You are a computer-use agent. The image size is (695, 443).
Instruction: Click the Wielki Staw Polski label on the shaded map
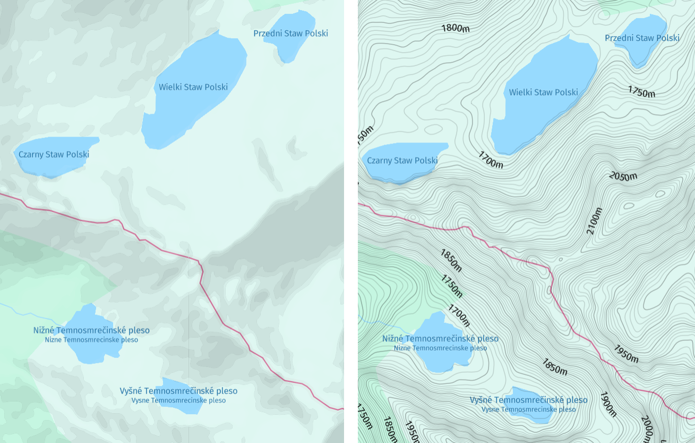[193, 87]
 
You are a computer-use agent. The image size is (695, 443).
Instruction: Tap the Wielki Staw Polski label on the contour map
[543, 92]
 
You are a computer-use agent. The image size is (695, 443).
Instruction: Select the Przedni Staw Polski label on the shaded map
[290, 34]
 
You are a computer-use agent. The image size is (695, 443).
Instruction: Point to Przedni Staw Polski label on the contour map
[642, 38]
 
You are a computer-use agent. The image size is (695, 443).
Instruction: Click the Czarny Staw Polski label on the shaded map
[54, 154]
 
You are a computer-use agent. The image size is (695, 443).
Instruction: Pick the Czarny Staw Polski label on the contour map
[402, 160]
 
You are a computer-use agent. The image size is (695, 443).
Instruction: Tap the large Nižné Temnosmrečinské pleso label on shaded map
[91, 330]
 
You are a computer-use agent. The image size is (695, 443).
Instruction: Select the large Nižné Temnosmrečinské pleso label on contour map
[440, 339]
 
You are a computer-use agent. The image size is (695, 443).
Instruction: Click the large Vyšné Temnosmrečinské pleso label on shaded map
[178, 391]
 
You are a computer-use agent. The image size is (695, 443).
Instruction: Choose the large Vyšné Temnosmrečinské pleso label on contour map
[528, 400]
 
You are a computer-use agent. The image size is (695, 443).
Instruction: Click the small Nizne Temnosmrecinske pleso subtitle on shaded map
[91, 340]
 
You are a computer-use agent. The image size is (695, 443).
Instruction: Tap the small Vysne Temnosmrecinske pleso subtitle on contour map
[528, 409]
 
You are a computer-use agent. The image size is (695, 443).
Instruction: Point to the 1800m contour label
[456, 28]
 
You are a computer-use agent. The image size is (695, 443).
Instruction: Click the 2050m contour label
[623, 176]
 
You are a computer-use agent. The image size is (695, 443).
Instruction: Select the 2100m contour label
[595, 221]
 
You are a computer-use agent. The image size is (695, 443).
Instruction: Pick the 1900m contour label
[608, 404]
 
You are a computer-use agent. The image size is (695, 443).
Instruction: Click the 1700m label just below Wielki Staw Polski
[490, 160]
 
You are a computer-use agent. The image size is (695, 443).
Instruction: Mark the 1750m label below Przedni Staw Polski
[641, 91]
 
